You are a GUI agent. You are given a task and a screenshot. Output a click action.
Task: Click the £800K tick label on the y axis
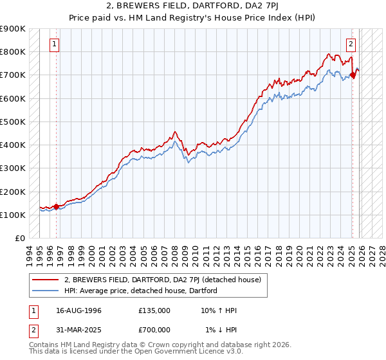[13, 52]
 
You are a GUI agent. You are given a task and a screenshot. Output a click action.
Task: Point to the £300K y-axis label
[13, 168]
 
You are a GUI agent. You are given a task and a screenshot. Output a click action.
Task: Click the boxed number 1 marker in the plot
[55, 44]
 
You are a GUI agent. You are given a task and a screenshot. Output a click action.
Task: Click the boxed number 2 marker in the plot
[351, 44]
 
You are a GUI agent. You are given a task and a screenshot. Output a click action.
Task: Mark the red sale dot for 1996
[57, 206]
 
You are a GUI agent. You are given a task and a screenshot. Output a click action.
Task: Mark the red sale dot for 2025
[353, 75]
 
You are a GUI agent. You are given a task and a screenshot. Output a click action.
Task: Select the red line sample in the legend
[46, 280]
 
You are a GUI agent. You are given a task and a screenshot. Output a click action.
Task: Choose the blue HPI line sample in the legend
[46, 291]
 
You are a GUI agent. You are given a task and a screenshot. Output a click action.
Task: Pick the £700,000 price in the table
[154, 330]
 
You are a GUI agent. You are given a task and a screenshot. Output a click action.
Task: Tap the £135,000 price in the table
[154, 310]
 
